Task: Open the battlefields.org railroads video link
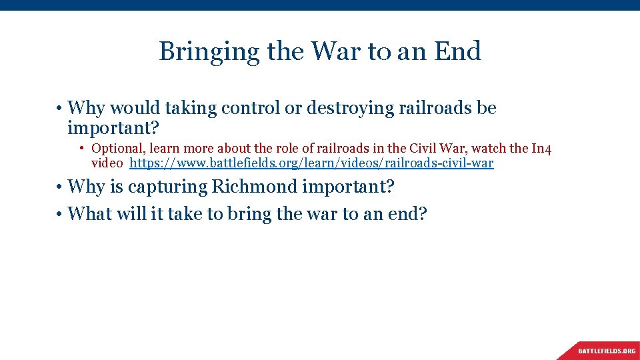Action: tap(311, 163)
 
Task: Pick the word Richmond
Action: tap(255, 187)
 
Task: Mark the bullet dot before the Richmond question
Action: tap(59, 187)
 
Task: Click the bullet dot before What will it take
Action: tap(59, 215)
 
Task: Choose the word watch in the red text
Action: tap(489, 149)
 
